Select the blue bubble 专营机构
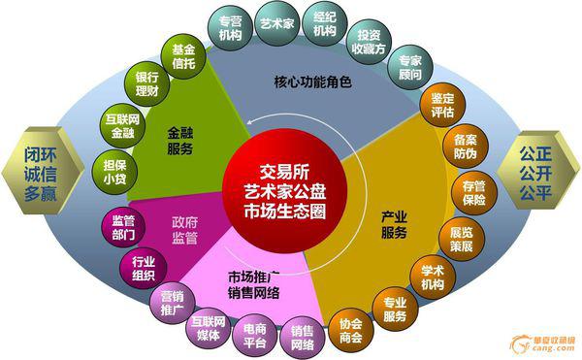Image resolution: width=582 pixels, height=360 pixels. click(230, 27)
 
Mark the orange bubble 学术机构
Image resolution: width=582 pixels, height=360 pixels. click(432, 277)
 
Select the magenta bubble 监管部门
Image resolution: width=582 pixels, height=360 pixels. click(122, 225)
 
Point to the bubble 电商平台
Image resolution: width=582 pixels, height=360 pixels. click(255, 333)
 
